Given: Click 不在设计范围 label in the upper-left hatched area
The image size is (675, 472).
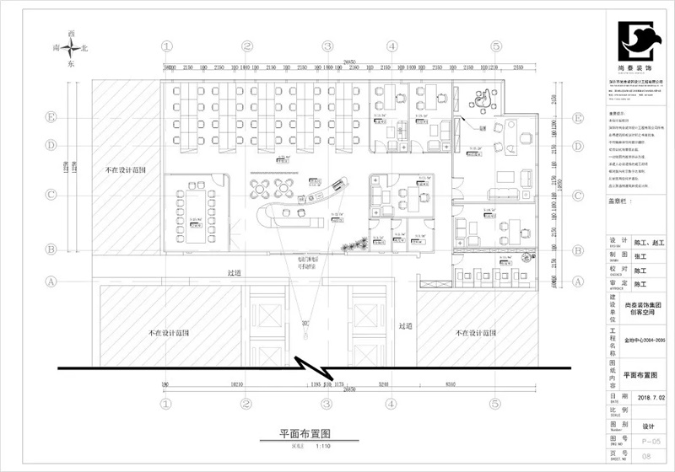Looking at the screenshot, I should coord(125,169).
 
